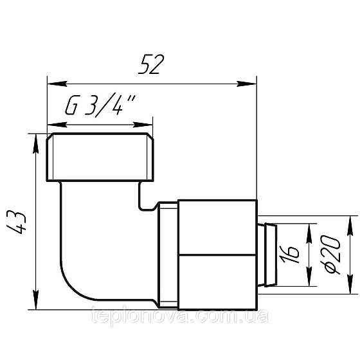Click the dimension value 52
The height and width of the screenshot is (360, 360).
tap(152, 65)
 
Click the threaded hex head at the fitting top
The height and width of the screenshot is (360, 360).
tap(100, 157)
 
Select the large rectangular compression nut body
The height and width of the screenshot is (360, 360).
tap(217, 253)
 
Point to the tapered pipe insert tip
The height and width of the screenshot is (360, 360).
tap(269, 255)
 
